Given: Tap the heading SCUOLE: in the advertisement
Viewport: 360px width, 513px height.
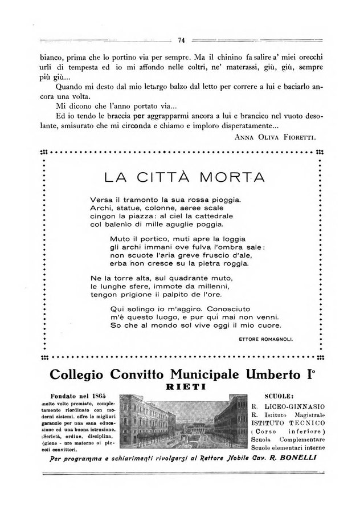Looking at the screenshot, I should tap(279, 396).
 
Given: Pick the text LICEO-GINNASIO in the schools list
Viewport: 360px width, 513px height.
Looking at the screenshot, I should tap(293, 406).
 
